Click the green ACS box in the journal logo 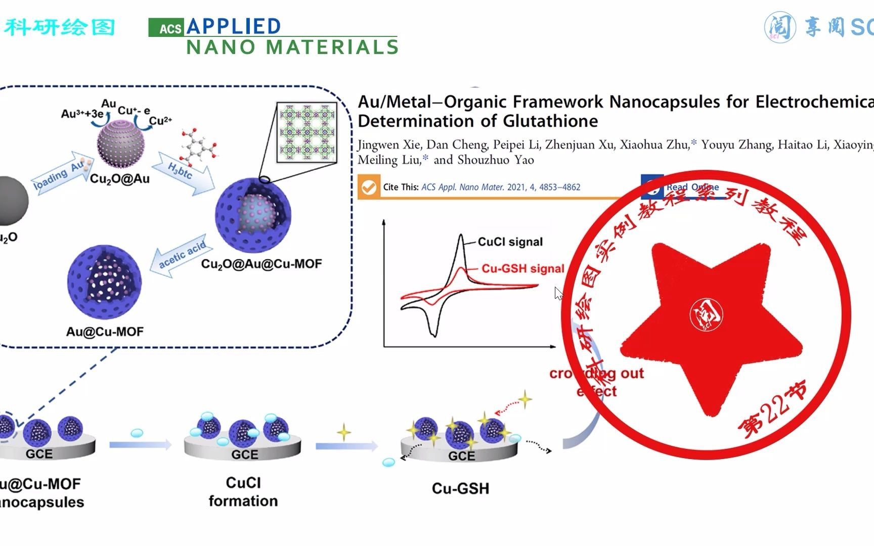point(166,28)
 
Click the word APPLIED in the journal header point(234,26)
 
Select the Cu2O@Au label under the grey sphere point(120,178)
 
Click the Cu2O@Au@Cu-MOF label point(261,264)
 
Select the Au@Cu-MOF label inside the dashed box point(105,332)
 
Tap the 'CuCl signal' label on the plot point(510,242)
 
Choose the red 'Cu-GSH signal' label point(522,268)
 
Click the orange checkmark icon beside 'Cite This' point(369,187)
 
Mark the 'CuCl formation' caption point(243,491)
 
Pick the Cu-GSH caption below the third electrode point(460,488)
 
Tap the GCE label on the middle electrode point(244,454)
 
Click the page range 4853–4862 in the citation point(559,187)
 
